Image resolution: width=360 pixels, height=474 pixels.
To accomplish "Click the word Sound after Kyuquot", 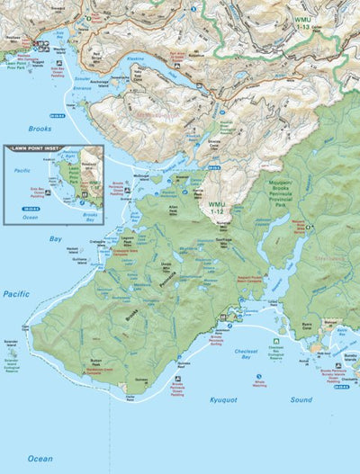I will pyautogui.click(x=301, y=399).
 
